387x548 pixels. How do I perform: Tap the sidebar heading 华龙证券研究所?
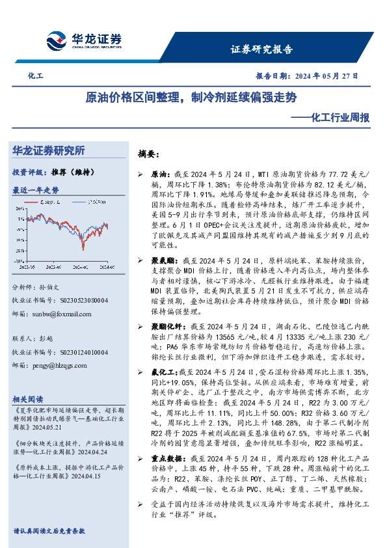(x=48, y=150)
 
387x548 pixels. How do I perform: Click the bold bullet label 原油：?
(x=159, y=176)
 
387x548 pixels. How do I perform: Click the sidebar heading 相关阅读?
(x=29, y=398)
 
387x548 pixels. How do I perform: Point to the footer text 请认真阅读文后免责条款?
(x=49, y=531)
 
